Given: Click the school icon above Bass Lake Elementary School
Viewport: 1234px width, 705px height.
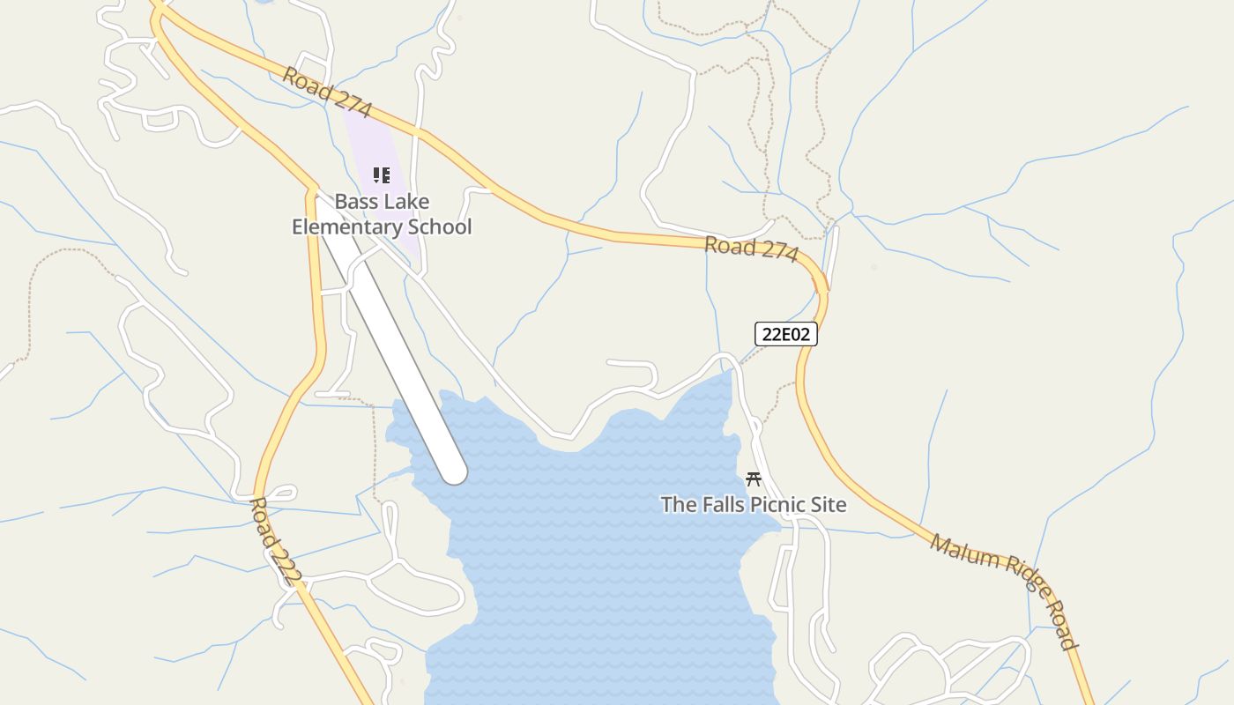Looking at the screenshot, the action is pyautogui.click(x=381, y=175).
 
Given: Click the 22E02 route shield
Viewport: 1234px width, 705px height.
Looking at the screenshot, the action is pyautogui.click(x=786, y=334).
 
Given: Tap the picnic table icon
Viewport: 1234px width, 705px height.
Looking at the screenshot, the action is pyautogui.click(x=754, y=479).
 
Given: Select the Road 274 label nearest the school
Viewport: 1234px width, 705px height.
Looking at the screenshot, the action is pyautogui.click(x=327, y=93).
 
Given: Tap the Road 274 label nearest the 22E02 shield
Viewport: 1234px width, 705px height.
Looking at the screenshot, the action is pyautogui.click(x=751, y=249).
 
